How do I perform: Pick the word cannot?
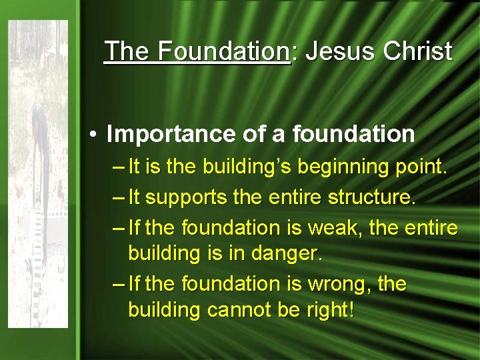tap(239, 310)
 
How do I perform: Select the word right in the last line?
tap(327, 310)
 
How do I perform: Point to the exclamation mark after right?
tap(351, 309)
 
